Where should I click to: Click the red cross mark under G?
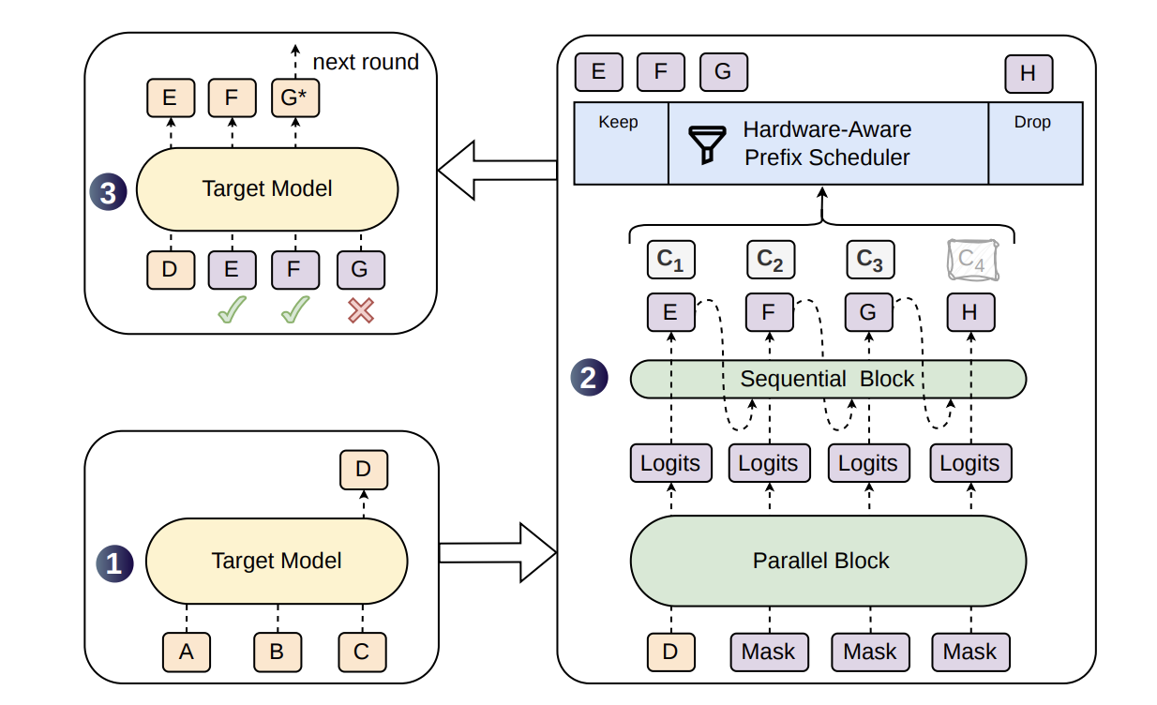click(361, 310)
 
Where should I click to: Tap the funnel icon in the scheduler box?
click(707, 144)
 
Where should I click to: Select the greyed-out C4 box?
click(972, 260)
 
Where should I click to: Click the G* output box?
click(295, 97)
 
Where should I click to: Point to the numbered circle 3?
click(108, 192)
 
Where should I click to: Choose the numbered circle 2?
click(589, 378)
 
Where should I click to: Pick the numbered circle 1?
click(114, 563)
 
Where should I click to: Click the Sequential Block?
click(828, 379)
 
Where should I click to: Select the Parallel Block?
click(828, 561)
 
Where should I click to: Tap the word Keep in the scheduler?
click(618, 122)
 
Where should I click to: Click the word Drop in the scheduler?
click(1032, 122)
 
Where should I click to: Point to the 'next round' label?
click(366, 62)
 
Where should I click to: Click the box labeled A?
click(187, 652)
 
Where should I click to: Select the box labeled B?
click(278, 652)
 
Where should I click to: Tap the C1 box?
click(670, 260)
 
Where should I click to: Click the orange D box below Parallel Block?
click(670, 652)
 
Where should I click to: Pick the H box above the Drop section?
click(1029, 74)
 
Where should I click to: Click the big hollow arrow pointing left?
click(497, 170)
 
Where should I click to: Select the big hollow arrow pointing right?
click(498, 552)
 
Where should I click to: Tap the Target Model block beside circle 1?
click(277, 561)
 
